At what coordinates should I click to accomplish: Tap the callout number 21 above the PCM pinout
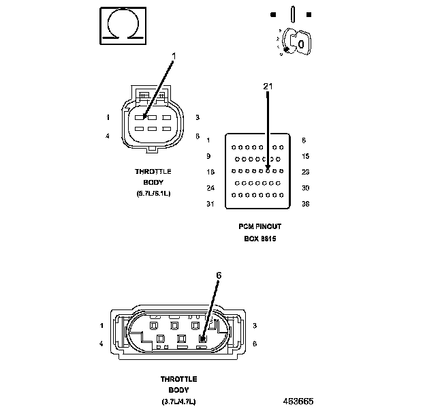coord(267,87)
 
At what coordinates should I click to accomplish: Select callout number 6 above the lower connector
coord(219,275)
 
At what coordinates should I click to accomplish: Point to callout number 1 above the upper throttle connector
coord(174,57)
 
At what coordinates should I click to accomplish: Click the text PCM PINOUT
coord(259,226)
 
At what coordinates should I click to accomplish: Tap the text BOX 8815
coord(259,239)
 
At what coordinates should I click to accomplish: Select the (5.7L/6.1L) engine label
coord(153,194)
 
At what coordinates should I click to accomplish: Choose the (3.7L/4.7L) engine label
coord(179,400)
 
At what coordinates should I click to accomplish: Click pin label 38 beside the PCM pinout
coord(305,204)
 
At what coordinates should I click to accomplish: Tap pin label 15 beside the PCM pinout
coord(305,157)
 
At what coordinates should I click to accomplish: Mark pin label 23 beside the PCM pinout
coord(305,172)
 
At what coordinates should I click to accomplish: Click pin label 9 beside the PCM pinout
coord(208,157)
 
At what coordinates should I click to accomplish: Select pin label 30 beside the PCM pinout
coord(305,188)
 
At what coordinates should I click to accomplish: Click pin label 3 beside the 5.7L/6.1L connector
coord(197,118)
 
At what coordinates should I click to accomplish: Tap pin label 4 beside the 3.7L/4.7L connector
coord(101,344)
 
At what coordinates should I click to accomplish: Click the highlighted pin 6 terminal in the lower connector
coord(203,338)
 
